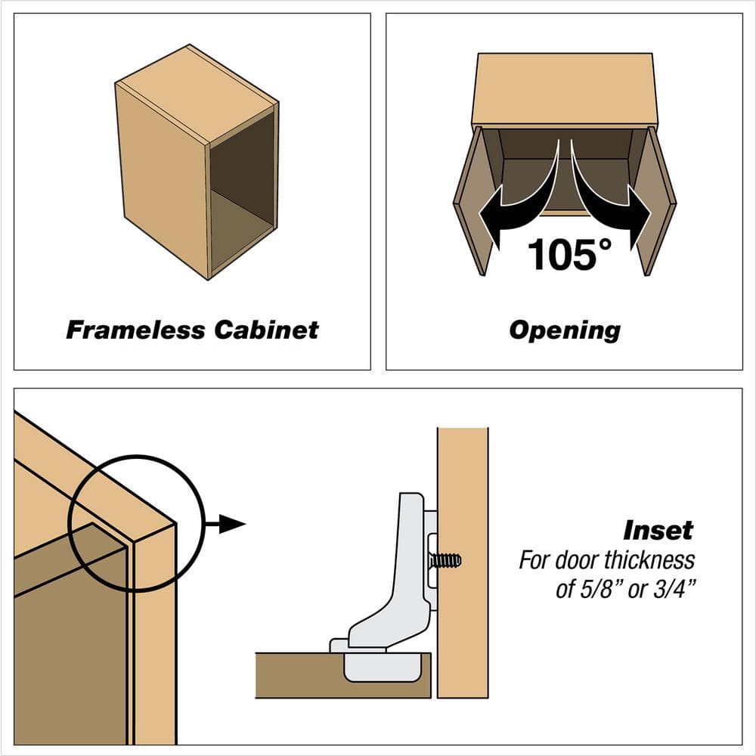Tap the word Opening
point(564,330)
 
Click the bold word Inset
point(657,530)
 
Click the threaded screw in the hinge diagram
point(445,561)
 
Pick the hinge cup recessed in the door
point(381,665)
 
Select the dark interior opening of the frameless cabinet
point(242,189)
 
